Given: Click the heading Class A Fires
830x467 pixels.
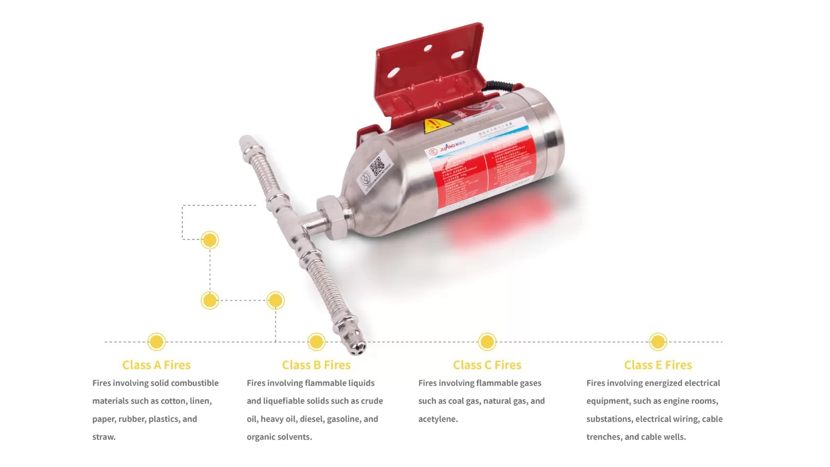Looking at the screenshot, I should [x=156, y=365].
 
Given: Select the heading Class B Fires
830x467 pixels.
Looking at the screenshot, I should [x=316, y=365].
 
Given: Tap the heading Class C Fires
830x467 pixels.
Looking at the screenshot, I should [x=487, y=365].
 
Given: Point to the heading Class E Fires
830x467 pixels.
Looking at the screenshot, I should [x=658, y=365].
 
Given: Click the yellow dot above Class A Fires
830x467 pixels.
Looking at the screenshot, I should [x=156, y=342].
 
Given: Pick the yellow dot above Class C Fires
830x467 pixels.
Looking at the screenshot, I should [x=487, y=342].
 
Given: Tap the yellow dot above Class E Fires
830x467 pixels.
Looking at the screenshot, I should [x=658, y=342].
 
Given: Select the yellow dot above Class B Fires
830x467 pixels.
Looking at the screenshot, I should [x=316, y=342].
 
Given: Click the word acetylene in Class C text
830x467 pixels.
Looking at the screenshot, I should [x=437, y=419].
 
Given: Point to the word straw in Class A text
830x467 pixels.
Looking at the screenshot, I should [x=103, y=437].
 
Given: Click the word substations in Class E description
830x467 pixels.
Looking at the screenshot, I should [x=610, y=419].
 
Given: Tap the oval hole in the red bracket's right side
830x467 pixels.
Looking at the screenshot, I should [x=457, y=54].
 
